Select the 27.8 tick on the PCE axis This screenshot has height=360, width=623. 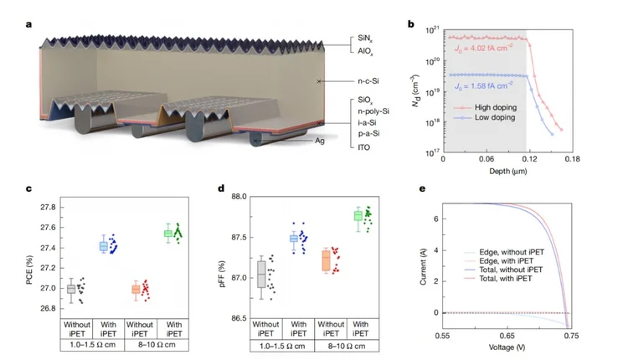tap(47, 207)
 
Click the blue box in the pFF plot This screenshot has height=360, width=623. tap(294, 239)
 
